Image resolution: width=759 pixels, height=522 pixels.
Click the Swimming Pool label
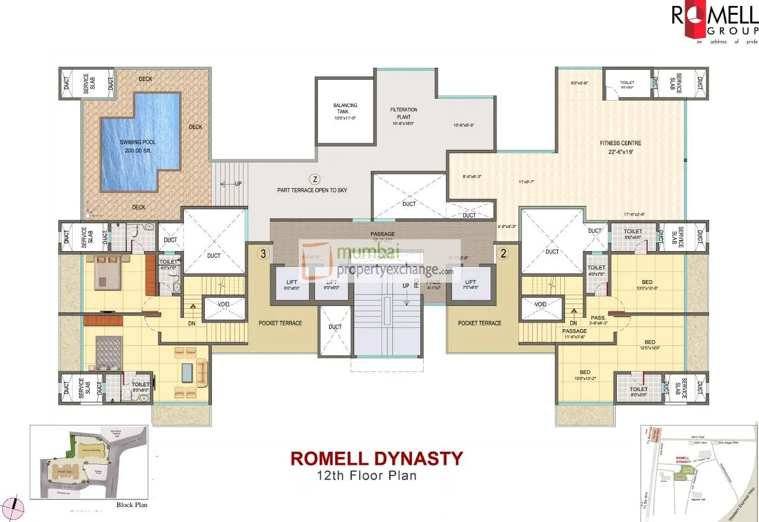pyautogui.click(x=139, y=146)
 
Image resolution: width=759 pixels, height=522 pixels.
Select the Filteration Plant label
pyautogui.click(x=404, y=113)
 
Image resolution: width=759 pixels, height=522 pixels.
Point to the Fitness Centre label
pyautogui.click(x=620, y=147)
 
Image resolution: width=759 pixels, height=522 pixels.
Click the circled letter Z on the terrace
pyautogui.click(x=316, y=179)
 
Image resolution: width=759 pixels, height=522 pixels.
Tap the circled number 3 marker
pyautogui.click(x=263, y=254)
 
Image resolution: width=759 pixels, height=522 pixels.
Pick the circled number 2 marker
pyautogui.click(x=503, y=254)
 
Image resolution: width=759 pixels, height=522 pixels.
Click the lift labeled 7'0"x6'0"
pyautogui.click(x=470, y=285)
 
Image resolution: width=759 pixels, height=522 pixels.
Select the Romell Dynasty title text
pyautogui.click(x=376, y=458)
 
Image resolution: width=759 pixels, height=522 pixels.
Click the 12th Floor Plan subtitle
pyautogui.click(x=367, y=476)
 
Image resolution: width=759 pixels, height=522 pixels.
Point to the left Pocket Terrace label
pyautogui.click(x=280, y=323)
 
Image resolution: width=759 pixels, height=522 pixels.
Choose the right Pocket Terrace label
pyautogui.click(x=479, y=323)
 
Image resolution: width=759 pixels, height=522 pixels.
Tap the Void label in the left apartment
pyautogui.click(x=224, y=304)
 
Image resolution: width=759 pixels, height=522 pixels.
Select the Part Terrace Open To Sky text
pyautogui.click(x=312, y=190)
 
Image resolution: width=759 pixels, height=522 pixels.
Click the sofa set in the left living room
pyautogui.click(x=190, y=372)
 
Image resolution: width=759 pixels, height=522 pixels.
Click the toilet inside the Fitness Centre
pyautogui.click(x=627, y=85)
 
